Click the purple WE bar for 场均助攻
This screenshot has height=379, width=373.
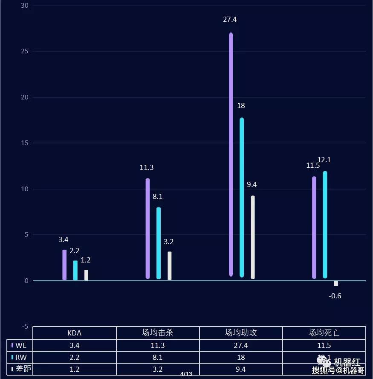click(x=231, y=154)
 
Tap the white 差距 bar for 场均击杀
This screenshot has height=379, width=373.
click(x=170, y=265)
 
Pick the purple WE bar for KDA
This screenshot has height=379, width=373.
click(x=64, y=265)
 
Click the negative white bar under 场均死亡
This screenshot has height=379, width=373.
click(x=336, y=283)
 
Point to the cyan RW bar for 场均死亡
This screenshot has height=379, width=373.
click(x=325, y=224)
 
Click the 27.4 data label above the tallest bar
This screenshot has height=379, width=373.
click(x=230, y=19)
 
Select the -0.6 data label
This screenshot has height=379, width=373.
click(x=335, y=296)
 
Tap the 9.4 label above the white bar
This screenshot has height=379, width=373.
click(x=252, y=184)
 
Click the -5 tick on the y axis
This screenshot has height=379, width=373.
click(x=25, y=327)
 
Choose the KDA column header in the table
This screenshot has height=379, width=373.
click(x=75, y=333)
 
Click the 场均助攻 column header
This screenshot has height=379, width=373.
click(x=241, y=333)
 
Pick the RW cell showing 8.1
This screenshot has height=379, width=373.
click(x=158, y=357)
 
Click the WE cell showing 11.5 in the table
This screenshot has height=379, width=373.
click(x=324, y=345)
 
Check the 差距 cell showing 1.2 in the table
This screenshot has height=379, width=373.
click(x=75, y=369)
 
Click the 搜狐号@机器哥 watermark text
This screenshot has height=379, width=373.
click(x=338, y=370)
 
